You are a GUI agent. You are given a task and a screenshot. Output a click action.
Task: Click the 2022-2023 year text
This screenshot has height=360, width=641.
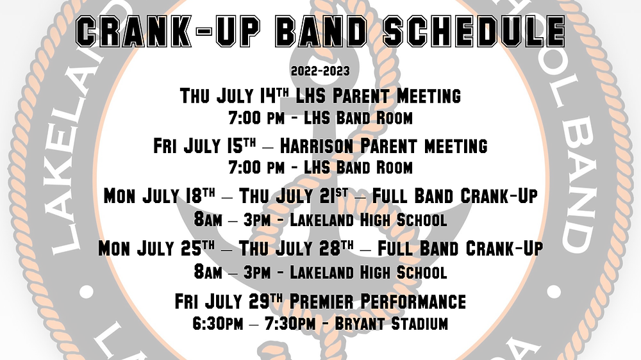click(320, 71)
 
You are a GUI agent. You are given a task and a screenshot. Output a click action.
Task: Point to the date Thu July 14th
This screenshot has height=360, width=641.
click(235, 96)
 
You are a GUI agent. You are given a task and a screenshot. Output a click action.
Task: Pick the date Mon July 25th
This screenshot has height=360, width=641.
click(156, 248)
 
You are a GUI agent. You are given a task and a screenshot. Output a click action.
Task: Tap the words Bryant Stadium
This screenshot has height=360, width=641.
click(391, 323)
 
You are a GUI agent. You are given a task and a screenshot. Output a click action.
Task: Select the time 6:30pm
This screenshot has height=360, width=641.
click(217, 323)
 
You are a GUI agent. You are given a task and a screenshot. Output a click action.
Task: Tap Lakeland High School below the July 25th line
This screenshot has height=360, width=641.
click(368, 272)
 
